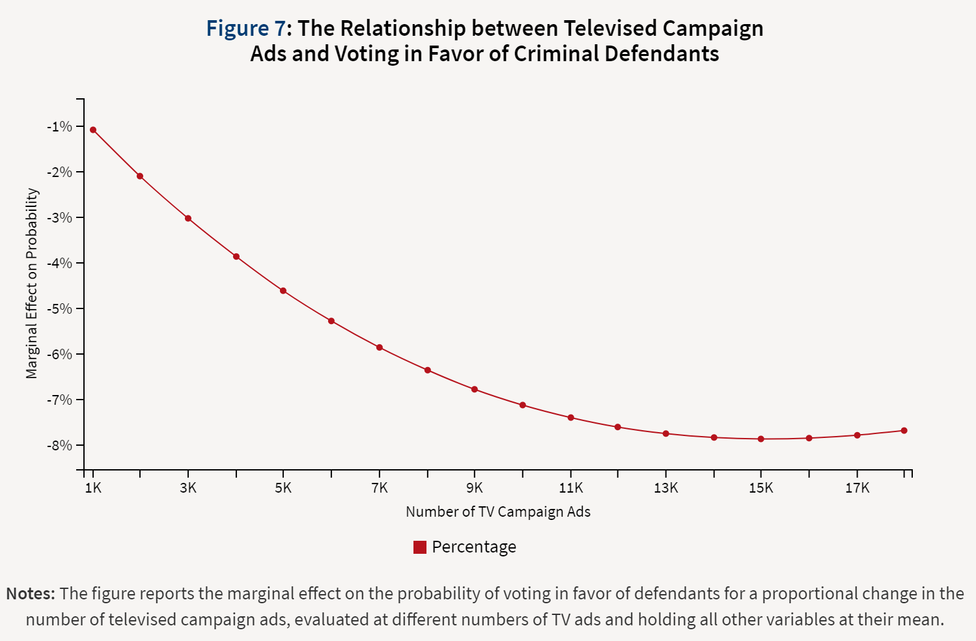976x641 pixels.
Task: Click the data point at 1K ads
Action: [x=93, y=130]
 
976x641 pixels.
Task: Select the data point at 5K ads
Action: [x=283, y=291]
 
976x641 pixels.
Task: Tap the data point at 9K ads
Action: [x=475, y=389]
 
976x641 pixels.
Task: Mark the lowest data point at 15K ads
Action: [x=760, y=439]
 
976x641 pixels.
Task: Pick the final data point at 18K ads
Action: [x=904, y=430]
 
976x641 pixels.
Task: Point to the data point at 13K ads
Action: [x=665, y=433]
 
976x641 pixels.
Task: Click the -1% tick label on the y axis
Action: [x=59, y=126]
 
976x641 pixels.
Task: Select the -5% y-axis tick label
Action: [x=59, y=308]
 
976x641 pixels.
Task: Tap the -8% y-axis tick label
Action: [x=59, y=445]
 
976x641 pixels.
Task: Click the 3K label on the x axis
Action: [x=188, y=488]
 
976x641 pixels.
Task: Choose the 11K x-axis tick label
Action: [x=571, y=488]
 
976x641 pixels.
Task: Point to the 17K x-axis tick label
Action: [x=857, y=488]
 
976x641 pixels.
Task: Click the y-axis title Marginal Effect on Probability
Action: [x=32, y=283]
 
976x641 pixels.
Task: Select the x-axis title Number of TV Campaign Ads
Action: [x=498, y=511]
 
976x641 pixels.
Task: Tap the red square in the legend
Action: [x=420, y=547]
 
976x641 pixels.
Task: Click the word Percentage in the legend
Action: [x=474, y=547]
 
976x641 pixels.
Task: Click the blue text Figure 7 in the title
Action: [x=245, y=29]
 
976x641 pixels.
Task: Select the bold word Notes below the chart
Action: [x=30, y=593]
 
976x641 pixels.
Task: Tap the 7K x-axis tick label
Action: [x=380, y=488]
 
